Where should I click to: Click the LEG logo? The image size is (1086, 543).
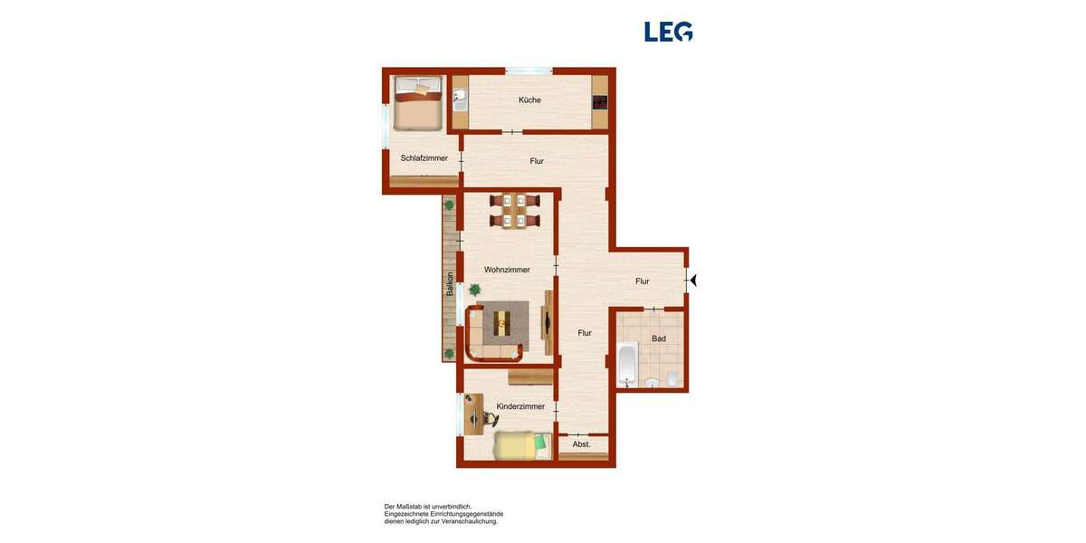coord(669,32)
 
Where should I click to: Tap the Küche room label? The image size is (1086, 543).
coord(530,100)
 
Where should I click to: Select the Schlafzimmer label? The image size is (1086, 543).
coord(424,158)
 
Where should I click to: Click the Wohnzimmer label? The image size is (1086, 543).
coord(507,270)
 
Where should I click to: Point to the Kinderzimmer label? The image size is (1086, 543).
coord(520,406)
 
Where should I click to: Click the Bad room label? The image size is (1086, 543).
coord(659,338)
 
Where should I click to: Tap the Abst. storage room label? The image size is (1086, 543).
coord(581,444)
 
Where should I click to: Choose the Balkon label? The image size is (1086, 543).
coord(450,285)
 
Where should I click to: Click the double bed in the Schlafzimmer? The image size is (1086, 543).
coord(417,101)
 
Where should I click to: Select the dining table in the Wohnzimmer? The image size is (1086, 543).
coord(513,211)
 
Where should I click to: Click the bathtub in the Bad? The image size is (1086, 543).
coord(627,364)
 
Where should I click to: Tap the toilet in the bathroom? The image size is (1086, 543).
coord(672,378)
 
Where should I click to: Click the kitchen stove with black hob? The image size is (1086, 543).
coord(600,100)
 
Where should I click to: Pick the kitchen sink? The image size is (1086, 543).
coord(460,98)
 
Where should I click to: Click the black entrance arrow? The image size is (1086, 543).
coord(693,281)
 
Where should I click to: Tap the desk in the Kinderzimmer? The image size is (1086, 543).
coord(473,414)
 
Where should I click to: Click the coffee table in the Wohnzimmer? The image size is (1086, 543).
coord(501,320)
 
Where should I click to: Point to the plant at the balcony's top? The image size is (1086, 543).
coord(449,205)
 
